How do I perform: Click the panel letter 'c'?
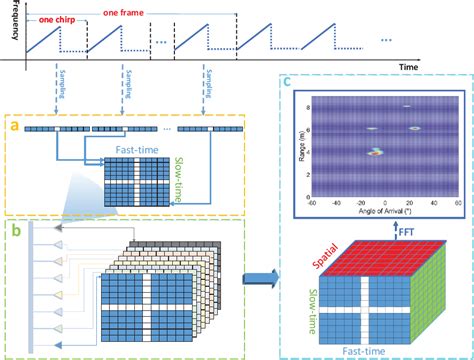[x=286, y=83]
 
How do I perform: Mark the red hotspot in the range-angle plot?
[x=376, y=154]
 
